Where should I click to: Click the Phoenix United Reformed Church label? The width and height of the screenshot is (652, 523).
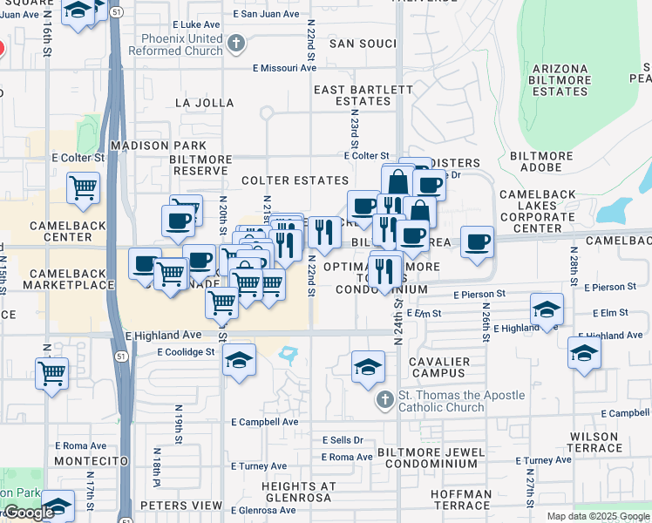click(x=175, y=44)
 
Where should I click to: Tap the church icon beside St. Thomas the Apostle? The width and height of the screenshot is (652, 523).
click(x=384, y=400)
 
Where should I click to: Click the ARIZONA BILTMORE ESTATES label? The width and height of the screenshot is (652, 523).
click(x=560, y=80)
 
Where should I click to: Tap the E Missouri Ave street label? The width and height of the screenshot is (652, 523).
click(x=285, y=67)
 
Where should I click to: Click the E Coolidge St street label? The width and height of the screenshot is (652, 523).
click(x=186, y=351)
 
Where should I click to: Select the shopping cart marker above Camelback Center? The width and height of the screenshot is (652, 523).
click(x=83, y=187)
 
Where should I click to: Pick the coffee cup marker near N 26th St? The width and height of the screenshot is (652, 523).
click(x=477, y=242)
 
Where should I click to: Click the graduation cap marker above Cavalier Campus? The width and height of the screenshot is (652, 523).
click(x=369, y=365)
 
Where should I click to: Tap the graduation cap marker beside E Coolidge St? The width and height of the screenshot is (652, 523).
click(x=239, y=359)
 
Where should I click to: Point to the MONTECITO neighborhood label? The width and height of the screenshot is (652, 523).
click(x=91, y=460)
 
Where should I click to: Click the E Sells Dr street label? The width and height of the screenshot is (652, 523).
click(x=342, y=440)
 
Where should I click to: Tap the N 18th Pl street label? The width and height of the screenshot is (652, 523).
click(x=157, y=467)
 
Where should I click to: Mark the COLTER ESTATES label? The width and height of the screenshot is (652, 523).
click(x=295, y=180)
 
